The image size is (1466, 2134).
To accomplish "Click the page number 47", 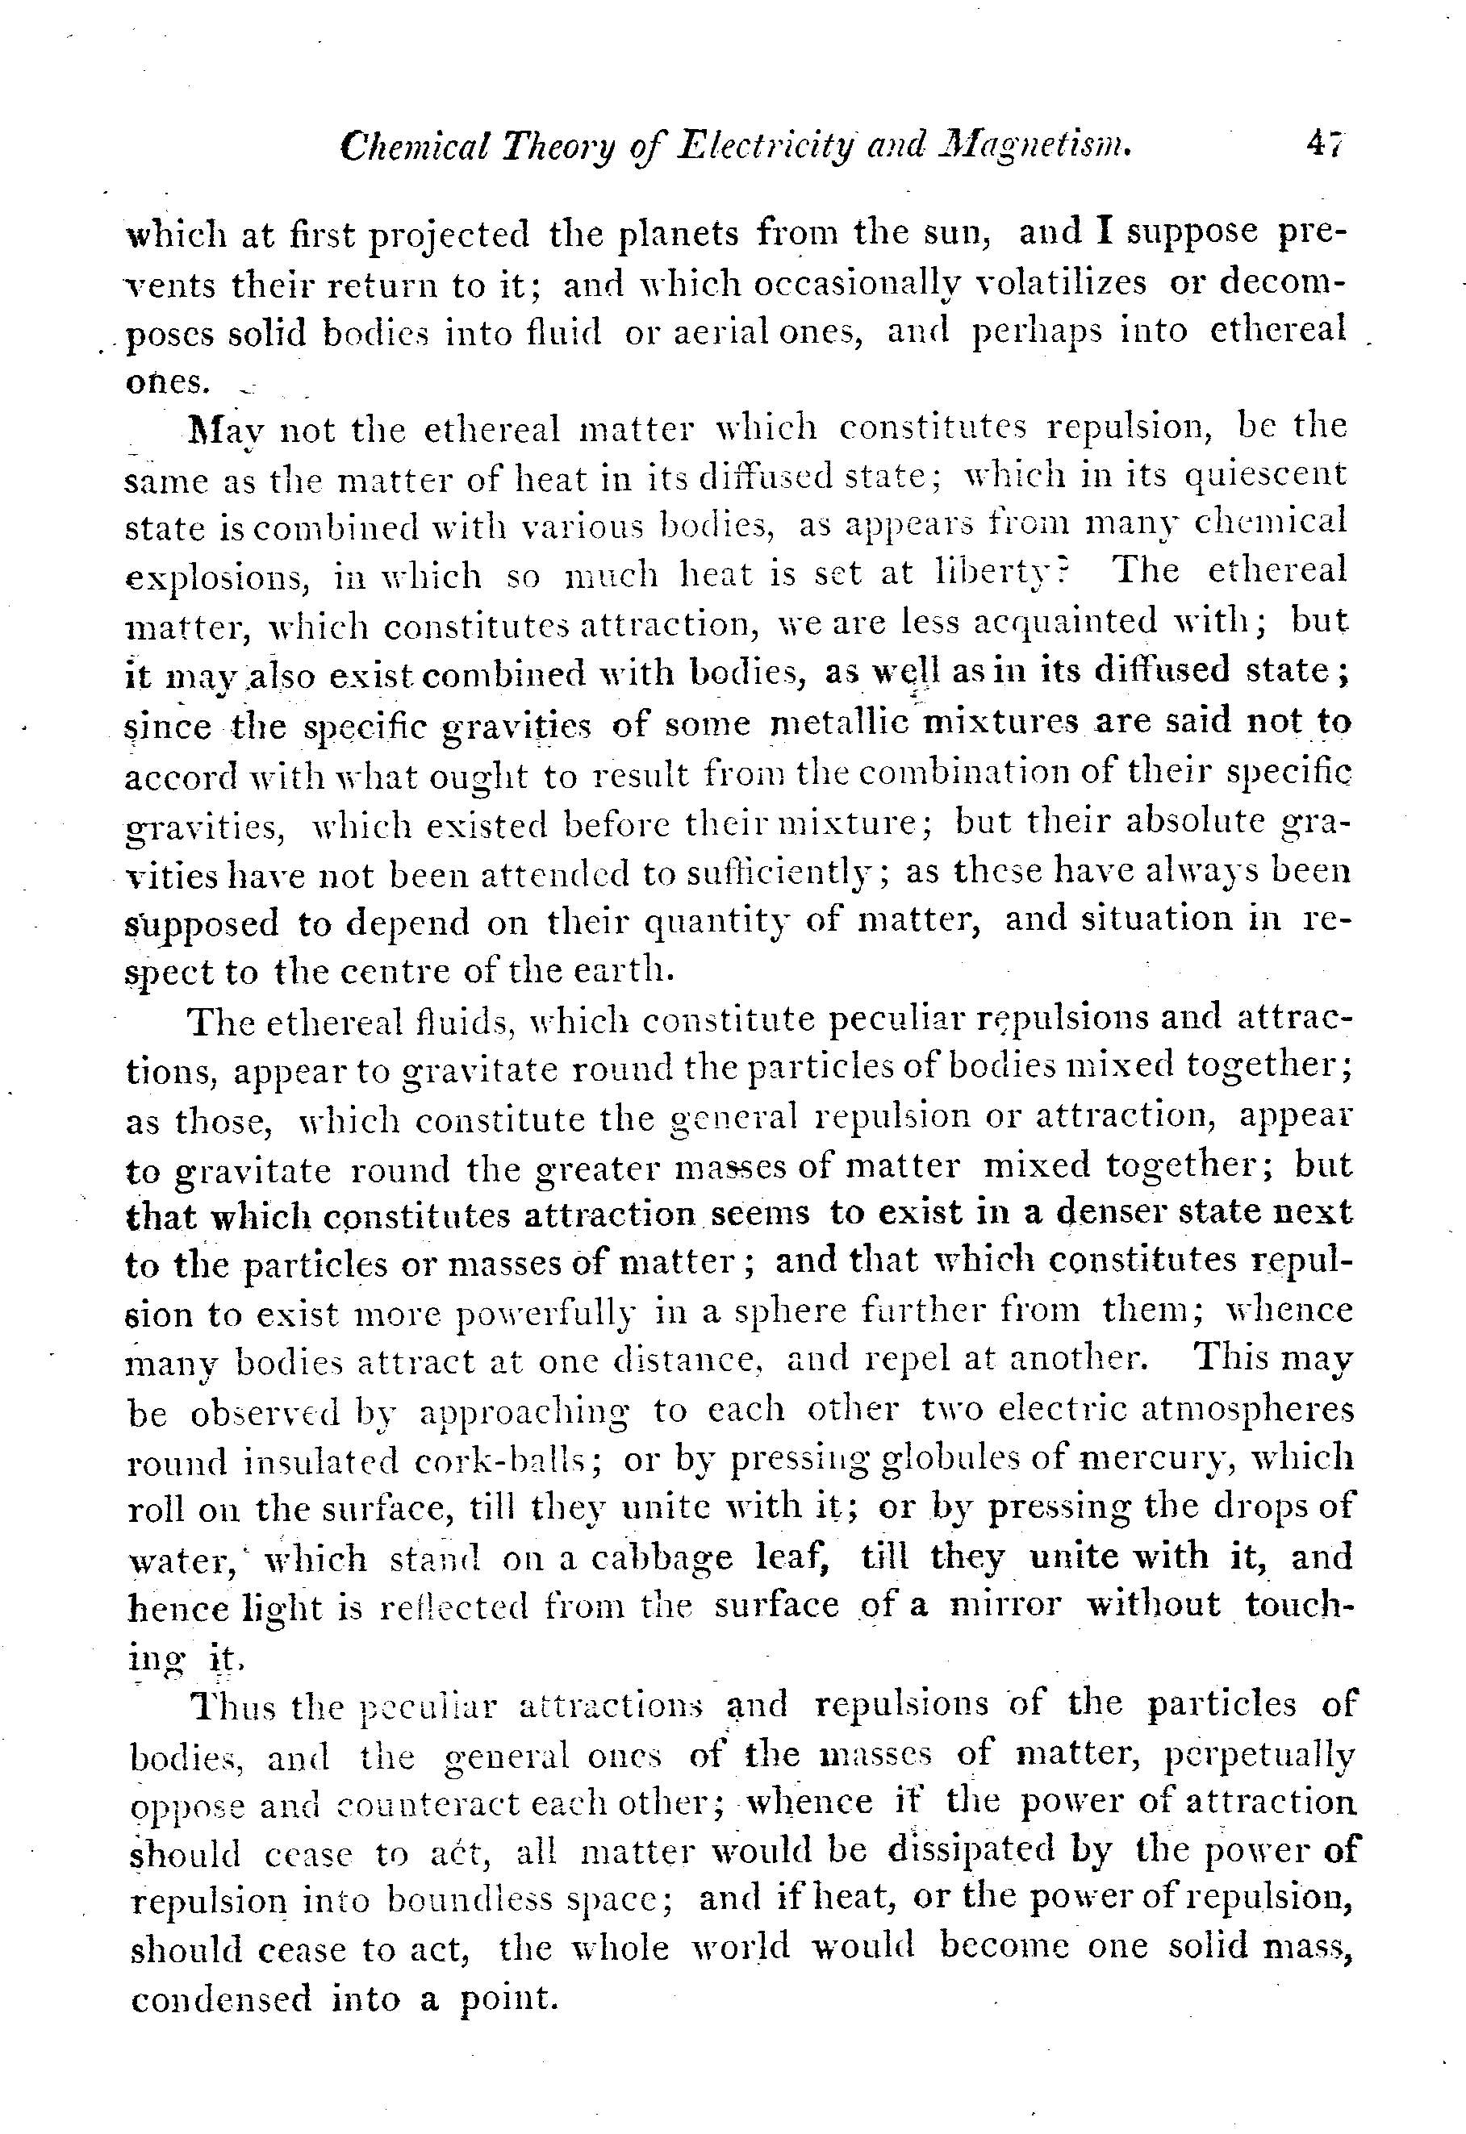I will pyautogui.click(x=1325, y=145).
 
